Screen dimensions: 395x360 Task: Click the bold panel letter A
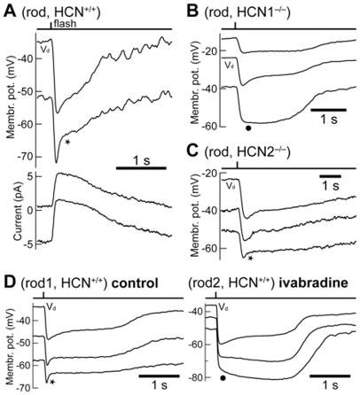pos(8,8)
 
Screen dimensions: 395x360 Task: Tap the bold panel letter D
pos(8,284)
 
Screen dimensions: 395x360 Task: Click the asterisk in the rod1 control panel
pos(52,382)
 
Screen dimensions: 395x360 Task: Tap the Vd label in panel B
pos(230,66)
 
